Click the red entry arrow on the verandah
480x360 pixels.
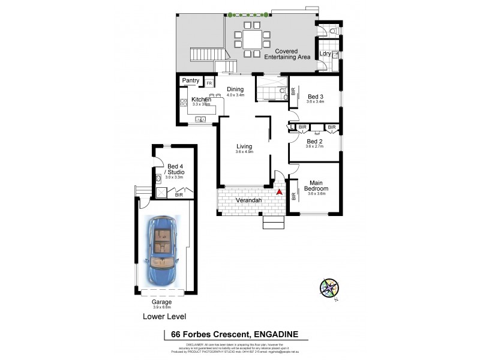(x=279, y=192)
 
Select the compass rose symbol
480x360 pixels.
(x=329, y=289)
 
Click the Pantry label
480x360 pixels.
(x=191, y=80)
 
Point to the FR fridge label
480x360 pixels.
(x=209, y=82)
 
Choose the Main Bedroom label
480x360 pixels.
(x=319, y=185)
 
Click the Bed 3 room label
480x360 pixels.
(x=316, y=97)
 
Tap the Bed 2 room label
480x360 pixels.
(x=315, y=142)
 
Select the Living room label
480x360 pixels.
(x=244, y=146)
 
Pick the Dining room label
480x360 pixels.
(x=235, y=89)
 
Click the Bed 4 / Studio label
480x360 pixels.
(x=176, y=169)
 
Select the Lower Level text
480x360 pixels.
(x=164, y=316)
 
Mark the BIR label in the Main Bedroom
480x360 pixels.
(x=293, y=196)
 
